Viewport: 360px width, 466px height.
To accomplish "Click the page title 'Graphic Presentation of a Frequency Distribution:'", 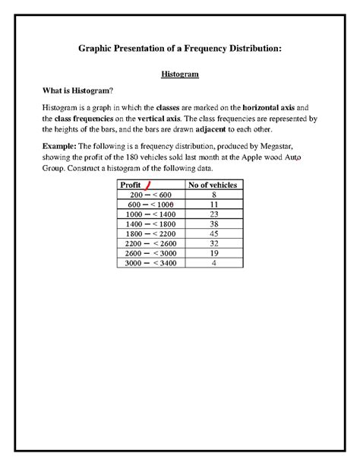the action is [x=180, y=49].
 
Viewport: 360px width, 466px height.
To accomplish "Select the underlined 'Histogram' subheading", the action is [x=180, y=75].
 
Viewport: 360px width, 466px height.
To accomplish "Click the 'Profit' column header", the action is [x=131, y=185].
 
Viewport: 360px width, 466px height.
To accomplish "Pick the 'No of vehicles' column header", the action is [x=212, y=185].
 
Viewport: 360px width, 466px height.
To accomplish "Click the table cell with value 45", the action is [x=213, y=234].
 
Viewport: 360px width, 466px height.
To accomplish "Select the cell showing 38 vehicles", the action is [x=213, y=224].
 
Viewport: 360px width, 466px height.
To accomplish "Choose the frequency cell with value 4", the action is [x=213, y=264].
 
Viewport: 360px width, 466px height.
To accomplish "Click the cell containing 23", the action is [x=213, y=214].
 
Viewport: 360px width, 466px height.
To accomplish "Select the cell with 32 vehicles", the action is [x=213, y=244].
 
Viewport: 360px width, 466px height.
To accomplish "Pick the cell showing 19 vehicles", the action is [x=213, y=254].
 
